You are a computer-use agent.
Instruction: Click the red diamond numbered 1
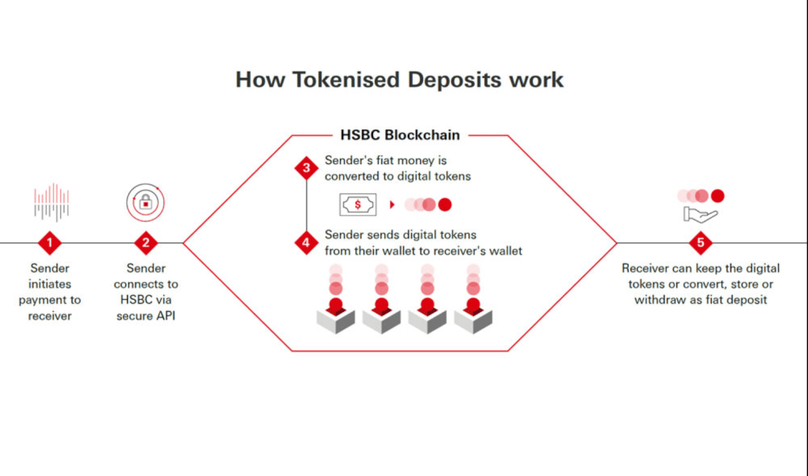[x=50, y=242]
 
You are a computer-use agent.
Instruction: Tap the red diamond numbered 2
[x=146, y=242]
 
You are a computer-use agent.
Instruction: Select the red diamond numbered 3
[x=306, y=168]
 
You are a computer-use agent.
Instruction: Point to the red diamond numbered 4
[x=306, y=243]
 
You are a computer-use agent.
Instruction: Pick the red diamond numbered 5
[x=700, y=242]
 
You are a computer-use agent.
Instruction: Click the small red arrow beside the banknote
[x=392, y=204]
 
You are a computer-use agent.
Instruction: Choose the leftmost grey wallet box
[x=336, y=318]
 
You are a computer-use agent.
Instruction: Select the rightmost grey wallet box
[x=473, y=318]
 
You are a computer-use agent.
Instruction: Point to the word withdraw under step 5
[x=660, y=300]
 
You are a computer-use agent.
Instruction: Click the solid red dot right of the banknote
[x=445, y=204]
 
